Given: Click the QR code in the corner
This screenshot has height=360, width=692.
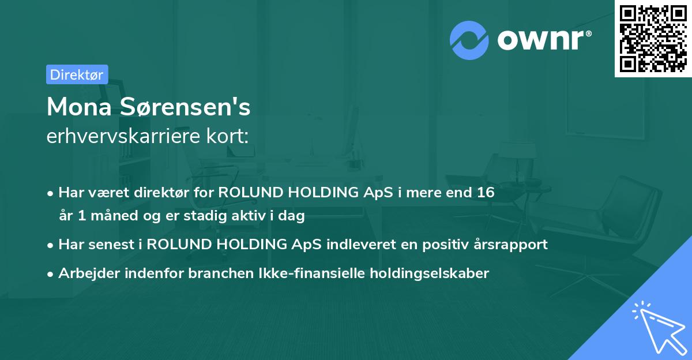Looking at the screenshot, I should (x=653, y=39).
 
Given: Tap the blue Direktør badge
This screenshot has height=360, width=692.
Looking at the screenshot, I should (x=77, y=74).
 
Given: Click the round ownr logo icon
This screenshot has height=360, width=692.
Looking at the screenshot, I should (x=469, y=39).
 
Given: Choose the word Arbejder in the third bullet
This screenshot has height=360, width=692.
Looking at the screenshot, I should (x=85, y=273).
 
